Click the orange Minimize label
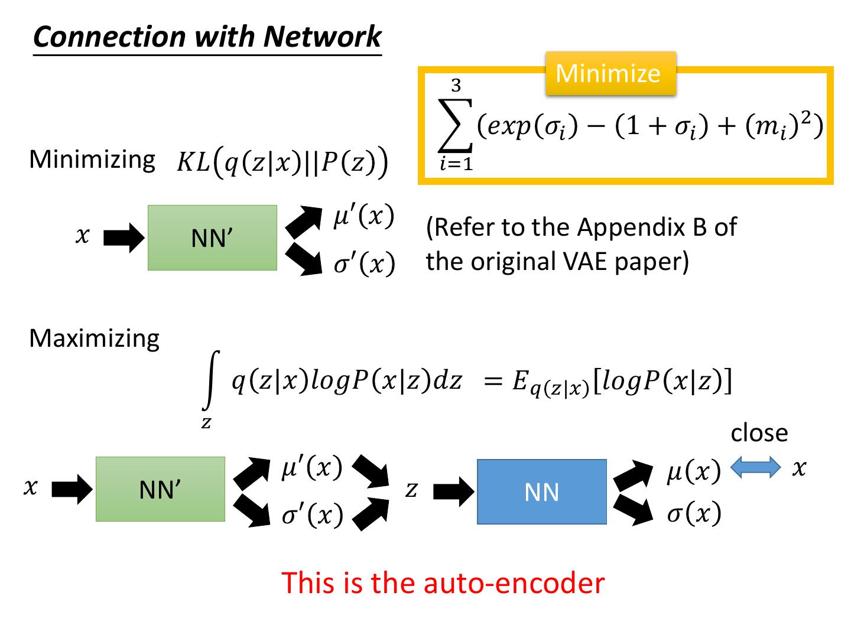click(x=609, y=73)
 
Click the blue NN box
click(x=541, y=491)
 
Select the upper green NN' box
click(x=212, y=238)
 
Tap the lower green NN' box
click(x=160, y=489)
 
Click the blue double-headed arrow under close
click(x=756, y=468)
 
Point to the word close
click(x=759, y=433)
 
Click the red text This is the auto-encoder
click(x=443, y=582)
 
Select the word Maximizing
click(x=94, y=338)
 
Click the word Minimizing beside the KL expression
click(x=92, y=159)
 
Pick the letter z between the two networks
click(x=411, y=490)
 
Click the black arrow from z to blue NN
click(x=453, y=491)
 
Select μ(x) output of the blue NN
click(x=694, y=472)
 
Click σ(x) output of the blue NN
click(x=694, y=513)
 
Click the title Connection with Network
click(x=207, y=37)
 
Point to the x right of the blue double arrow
click(x=799, y=468)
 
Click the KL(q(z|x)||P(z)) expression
click(x=282, y=162)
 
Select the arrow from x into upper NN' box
click(x=124, y=239)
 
